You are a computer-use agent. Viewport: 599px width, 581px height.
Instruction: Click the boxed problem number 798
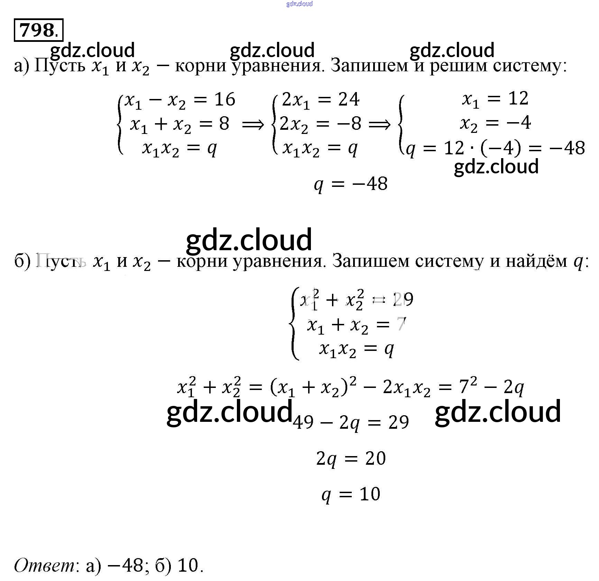pyautogui.click(x=38, y=30)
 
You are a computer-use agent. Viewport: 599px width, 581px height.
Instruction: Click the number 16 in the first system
pyautogui.click(x=224, y=100)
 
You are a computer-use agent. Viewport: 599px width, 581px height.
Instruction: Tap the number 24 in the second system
pyautogui.click(x=349, y=100)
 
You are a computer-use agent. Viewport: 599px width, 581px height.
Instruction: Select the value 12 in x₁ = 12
pyautogui.click(x=518, y=98)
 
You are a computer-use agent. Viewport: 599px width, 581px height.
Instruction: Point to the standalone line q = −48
pyautogui.click(x=350, y=183)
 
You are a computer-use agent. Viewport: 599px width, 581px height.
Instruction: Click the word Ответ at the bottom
pyautogui.click(x=44, y=565)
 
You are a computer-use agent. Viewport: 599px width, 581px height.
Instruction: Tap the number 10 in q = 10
pyautogui.click(x=370, y=494)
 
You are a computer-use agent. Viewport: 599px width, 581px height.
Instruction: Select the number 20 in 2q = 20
pyautogui.click(x=375, y=459)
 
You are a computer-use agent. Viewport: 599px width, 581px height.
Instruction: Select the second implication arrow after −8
pyautogui.click(x=379, y=124)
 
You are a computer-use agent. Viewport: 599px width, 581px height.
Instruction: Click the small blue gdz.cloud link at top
pyautogui.click(x=299, y=4)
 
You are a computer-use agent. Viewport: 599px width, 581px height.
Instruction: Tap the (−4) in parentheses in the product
pyautogui.click(x=500, y=148)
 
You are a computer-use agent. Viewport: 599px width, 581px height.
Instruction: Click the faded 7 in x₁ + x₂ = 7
pyautogui.click(x=401, y=324)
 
